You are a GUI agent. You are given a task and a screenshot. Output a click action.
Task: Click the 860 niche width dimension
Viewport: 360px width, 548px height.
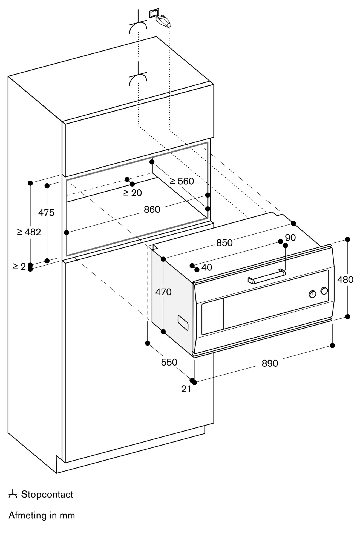pos(152,210)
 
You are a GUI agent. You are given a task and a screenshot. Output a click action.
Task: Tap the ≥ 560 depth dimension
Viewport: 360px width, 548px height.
pos(182,181)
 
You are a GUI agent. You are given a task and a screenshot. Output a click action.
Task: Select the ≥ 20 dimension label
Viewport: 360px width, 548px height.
pos(133,193)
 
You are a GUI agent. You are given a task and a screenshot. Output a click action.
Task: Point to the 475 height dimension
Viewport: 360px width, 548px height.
pos(46,213)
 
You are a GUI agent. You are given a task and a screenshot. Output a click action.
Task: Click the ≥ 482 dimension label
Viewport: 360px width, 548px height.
pos(29,232)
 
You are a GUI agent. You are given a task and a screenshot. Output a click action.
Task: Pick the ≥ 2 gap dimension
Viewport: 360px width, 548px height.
pos(19,266)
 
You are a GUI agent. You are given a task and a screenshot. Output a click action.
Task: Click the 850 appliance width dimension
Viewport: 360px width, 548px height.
pos(224,243)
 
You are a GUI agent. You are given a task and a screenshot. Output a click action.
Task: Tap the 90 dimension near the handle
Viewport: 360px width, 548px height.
pos(290,238)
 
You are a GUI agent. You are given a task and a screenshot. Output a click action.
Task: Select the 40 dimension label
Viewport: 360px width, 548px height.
pos(207,267)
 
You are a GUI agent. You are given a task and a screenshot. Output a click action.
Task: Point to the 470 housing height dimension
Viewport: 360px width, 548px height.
pos(163,292)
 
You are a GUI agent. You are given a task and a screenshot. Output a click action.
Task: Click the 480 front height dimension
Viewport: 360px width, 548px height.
pos(345,280)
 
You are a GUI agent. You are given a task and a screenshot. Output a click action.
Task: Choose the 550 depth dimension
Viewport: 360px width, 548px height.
pos(169,362)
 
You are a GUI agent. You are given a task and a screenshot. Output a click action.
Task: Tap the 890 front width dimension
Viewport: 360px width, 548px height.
pos(270,363)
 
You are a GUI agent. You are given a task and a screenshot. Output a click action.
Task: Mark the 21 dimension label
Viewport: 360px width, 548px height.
pos(186,389)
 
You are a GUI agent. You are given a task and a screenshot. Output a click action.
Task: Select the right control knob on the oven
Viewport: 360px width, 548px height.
pos(324,291)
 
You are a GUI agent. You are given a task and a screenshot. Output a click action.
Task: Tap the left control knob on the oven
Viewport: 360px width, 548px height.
pos(312,294)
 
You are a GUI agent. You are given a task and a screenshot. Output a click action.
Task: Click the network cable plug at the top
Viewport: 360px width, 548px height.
pos(163,21)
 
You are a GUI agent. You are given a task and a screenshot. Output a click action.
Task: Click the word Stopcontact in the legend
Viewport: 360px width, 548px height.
pos(47,495)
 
